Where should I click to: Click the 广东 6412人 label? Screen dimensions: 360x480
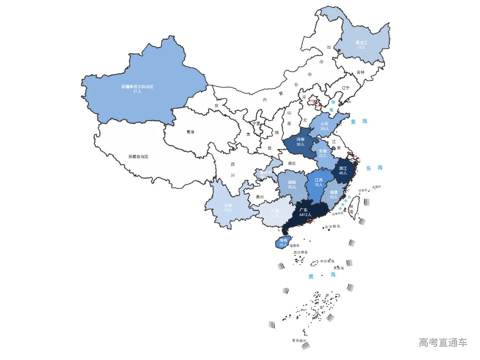(x=305, y=212)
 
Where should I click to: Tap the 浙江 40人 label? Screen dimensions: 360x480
(x=343, y=171)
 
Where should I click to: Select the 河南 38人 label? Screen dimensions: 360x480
(x=300, y=141)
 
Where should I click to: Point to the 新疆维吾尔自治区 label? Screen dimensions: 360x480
(x=137, y=89)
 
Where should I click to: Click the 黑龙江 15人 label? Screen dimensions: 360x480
(x=361, y=45)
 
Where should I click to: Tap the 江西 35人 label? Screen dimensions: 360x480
(x=319, y=182)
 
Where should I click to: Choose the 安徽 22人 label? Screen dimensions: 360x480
(x=323, y=153)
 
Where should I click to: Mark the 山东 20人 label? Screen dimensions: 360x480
(x=324, y=126)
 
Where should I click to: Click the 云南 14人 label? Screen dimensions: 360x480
(x=228, y=207)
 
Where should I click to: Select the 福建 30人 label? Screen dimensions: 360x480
(x=333, y=194)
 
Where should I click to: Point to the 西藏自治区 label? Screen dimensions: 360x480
(x=138, y=157)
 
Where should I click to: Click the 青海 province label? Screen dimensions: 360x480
(x=190, y=132)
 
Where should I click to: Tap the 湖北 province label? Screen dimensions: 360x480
(x=292, y=163)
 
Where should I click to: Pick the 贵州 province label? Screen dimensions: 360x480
(x=260, y=197)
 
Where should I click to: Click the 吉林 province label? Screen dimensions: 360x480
(x=360, y=72)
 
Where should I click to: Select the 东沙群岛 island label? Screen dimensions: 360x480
(x=332, y=227)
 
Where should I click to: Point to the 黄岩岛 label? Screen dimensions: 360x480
(x=339, y=268)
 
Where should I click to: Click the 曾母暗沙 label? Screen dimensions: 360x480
(x=299, y=341)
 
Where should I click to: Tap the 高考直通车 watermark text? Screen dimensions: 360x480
(x=443, y=342)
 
